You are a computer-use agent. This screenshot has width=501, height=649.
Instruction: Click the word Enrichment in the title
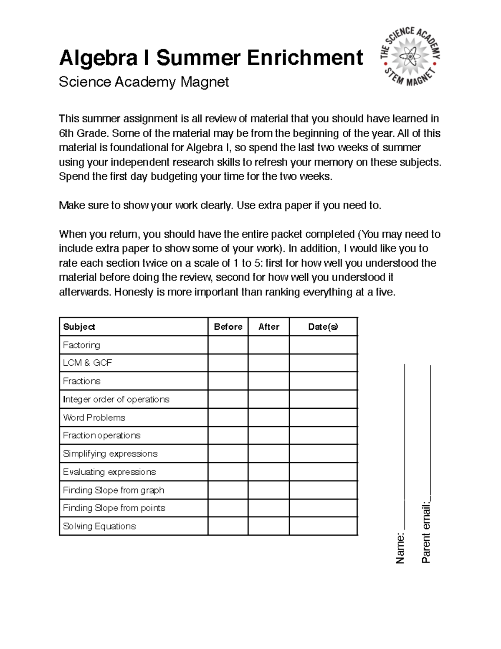coord(305,58)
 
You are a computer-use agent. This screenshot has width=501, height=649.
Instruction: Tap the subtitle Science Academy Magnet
coord(144,82)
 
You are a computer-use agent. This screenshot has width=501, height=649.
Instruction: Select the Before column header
coord(228,327)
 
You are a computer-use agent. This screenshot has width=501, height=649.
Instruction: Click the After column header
coord(268,327)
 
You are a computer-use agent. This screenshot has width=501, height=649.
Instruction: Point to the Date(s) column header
coord(323,327)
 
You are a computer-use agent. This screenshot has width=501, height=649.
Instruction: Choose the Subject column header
coord(79,327)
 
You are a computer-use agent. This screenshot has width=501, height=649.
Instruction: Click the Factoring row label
coord(81,345)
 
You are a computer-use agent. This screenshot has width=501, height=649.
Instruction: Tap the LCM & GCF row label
coord(87,363)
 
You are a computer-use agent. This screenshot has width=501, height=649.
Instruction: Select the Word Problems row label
coord(94,417)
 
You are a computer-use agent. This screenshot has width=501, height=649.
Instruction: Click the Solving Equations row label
coord(99,526)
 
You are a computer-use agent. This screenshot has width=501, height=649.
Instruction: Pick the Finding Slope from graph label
coord(114,490)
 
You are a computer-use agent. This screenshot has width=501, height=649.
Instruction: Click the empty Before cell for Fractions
coord(228,381)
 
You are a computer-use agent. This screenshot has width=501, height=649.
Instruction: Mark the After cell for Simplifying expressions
coord(268,453)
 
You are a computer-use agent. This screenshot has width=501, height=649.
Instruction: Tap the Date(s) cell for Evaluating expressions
coord(323,472)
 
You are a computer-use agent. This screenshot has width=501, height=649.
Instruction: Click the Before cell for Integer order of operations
coord(228,399)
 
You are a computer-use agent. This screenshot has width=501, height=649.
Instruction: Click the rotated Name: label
coord(400,548)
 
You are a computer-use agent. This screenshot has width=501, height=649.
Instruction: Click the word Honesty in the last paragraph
coord(134,292)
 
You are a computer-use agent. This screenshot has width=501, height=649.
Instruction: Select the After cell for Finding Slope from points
coord(268,508)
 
